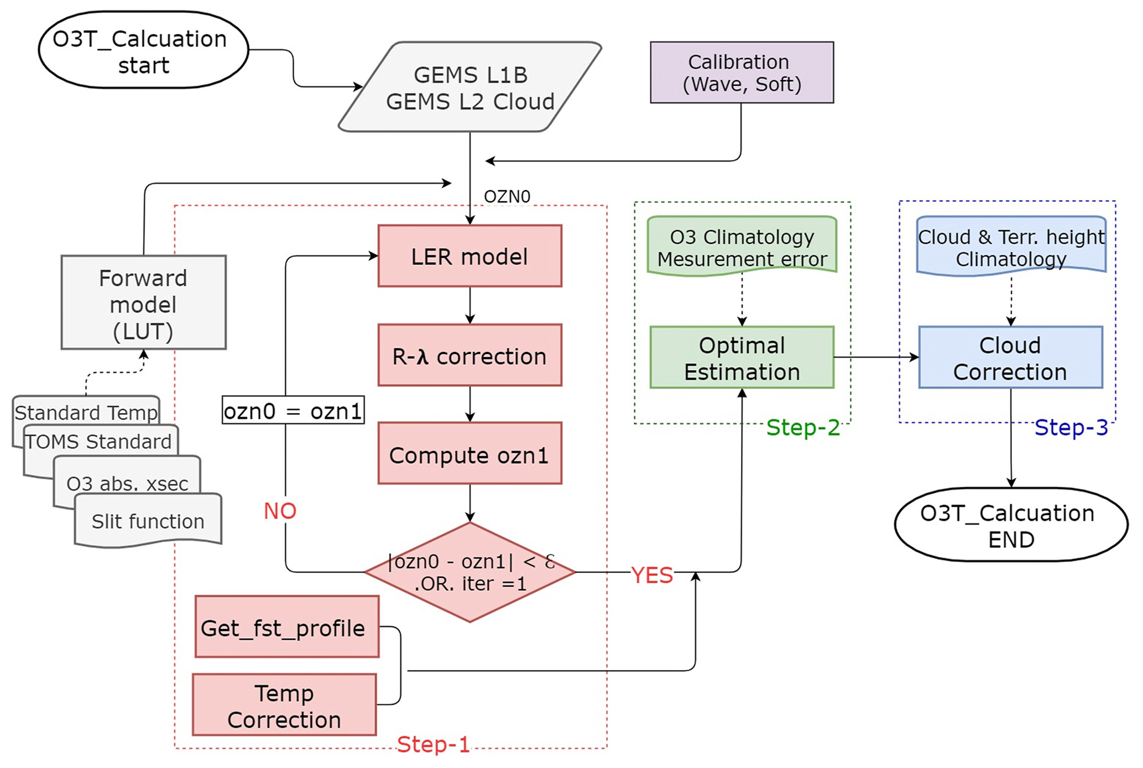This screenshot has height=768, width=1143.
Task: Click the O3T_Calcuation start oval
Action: click(x=143, y=50)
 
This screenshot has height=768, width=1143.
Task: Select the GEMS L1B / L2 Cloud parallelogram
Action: click(x=470, y=87)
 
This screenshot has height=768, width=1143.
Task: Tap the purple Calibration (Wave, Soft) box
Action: click(x=742, y=72)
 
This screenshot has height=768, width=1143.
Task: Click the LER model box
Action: click(x=469, y=256)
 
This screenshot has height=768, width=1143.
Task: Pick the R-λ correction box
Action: click(x=469, y=356)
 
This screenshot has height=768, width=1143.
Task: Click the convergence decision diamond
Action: click(x=470, y=572)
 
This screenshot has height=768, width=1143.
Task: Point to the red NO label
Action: click(x=280, y=511)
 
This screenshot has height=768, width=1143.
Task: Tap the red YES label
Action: click(x=652, y=576)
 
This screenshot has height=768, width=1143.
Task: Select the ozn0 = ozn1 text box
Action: click(x=293, y=410)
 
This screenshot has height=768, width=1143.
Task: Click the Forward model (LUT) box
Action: click(x=143, y=302)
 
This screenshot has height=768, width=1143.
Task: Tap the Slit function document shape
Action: click(x=148, y=521)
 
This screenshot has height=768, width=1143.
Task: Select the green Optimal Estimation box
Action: click(x=742, y=358)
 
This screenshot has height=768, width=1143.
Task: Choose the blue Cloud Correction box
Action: click(x=1010, y=358)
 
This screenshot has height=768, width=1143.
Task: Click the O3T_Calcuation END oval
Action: click(x=1010, y=525)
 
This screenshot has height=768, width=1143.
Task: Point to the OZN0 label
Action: click(x=507, y=196)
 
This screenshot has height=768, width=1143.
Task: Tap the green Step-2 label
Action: click(x=803, y=427)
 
